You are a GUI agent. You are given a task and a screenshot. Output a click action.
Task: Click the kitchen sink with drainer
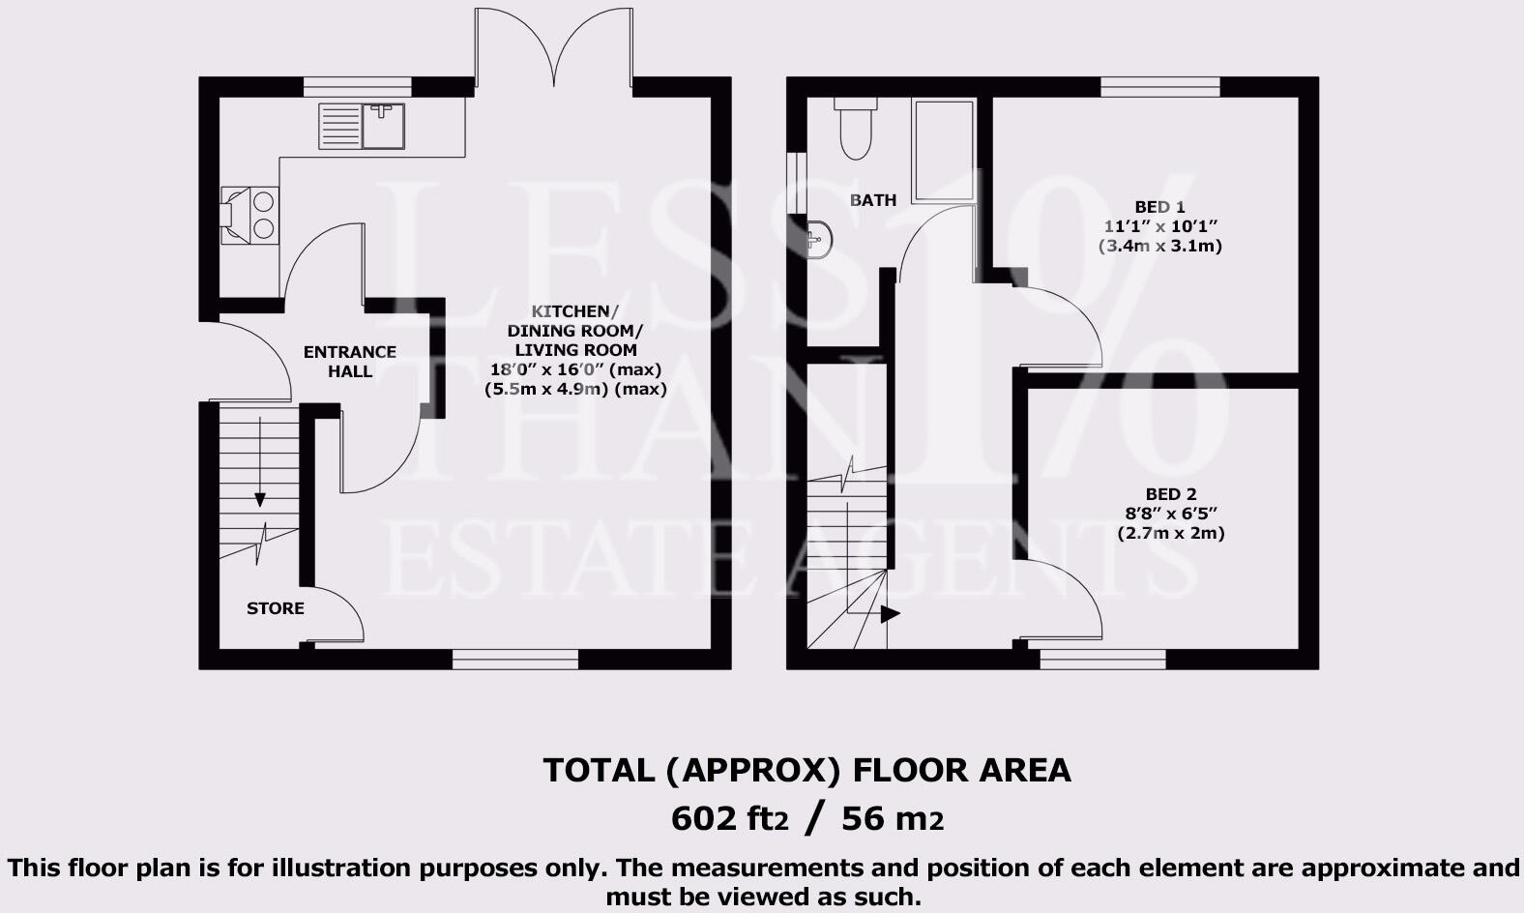click(x=362, y=127)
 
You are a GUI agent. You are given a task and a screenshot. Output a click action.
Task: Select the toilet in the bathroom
click(x=856, y=130)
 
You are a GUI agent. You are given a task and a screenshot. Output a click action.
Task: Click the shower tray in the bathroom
click(x=944, y=150)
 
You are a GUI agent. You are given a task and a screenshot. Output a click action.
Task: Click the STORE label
click(x=275, y=608)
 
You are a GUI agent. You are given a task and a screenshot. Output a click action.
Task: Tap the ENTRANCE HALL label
click(x=349, y=361)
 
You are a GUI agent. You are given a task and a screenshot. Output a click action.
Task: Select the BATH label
click(x=872, y=200)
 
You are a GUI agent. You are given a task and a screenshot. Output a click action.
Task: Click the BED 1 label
click(x=1159, y=207)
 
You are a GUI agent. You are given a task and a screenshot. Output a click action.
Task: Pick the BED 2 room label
click(x=1171, y=494)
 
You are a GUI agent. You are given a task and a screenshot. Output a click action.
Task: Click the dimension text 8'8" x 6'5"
click(x=1171, y=514)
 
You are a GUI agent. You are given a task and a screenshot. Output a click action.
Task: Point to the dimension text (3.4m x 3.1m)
click(x=1159, y=246)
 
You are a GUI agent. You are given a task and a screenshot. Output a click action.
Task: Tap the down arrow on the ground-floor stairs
click(x=260, y=499)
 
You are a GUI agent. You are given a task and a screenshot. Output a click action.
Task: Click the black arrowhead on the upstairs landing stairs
click(x=890, y=614)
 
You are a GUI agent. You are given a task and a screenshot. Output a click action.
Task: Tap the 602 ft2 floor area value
click(x=729, y=819)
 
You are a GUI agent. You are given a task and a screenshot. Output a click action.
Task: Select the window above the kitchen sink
click(x=357, y=86)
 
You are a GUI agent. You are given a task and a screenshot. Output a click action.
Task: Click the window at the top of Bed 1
click(x=1159, y=86)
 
